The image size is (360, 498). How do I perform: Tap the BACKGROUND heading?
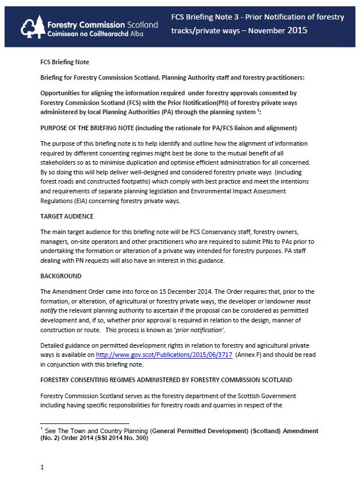pos(61,276)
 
